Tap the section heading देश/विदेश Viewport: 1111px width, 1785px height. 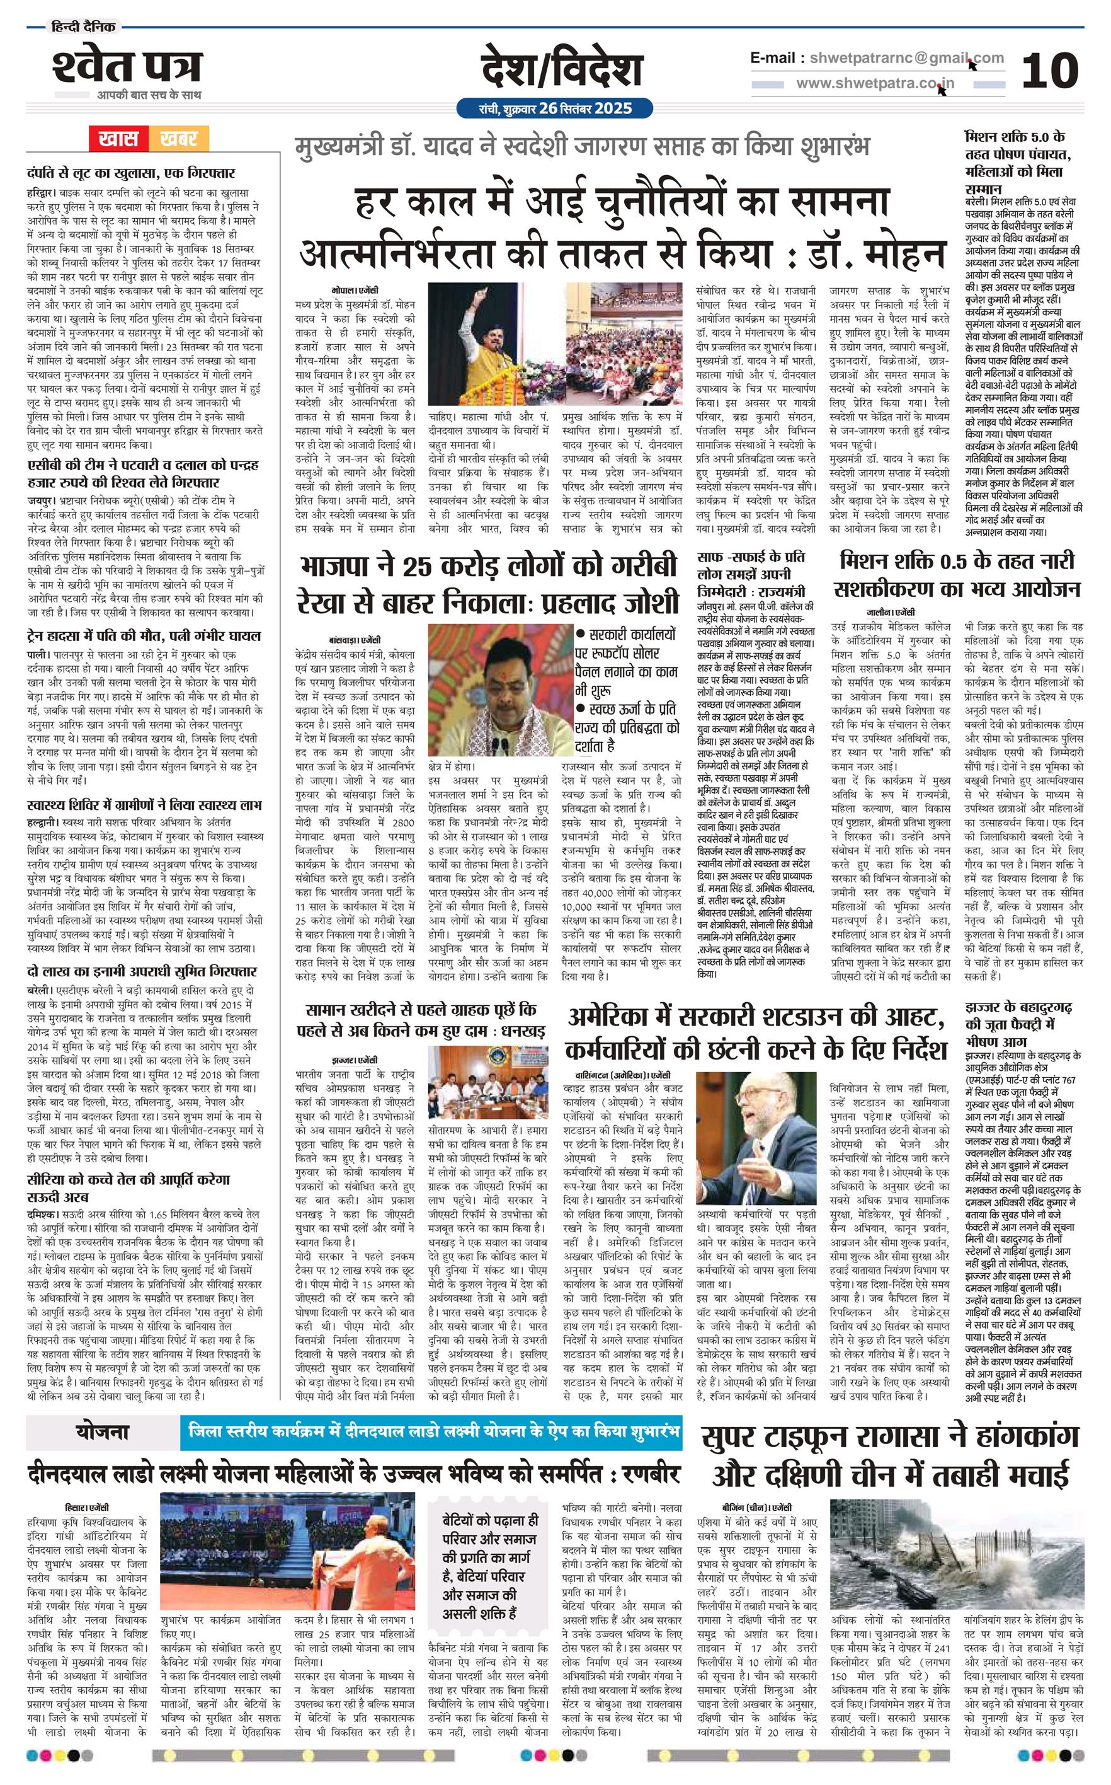click(561, 71)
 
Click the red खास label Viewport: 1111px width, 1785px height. click(118, 138)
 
